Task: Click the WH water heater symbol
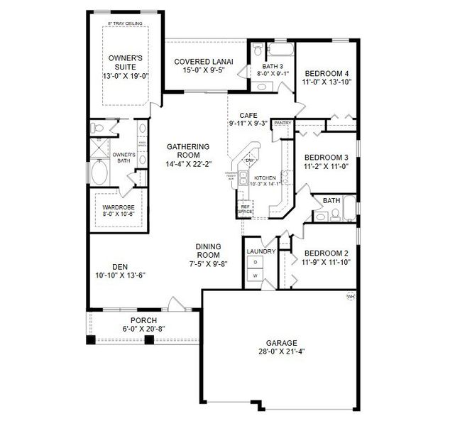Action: tap(350, 296)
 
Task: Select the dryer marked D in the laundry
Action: tap(256, 262)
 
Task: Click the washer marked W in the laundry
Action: tap(256, 274)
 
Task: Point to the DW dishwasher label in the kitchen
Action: tap(249, 160)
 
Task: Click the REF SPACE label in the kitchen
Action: tap(245, 209)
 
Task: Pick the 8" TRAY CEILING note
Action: tap(126, 23)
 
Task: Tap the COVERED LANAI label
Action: tap(200, 62)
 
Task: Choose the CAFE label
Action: tap(248, 114)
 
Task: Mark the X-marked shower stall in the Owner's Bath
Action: tap(97, 148)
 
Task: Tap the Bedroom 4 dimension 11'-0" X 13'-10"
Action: tap(327, 83)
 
